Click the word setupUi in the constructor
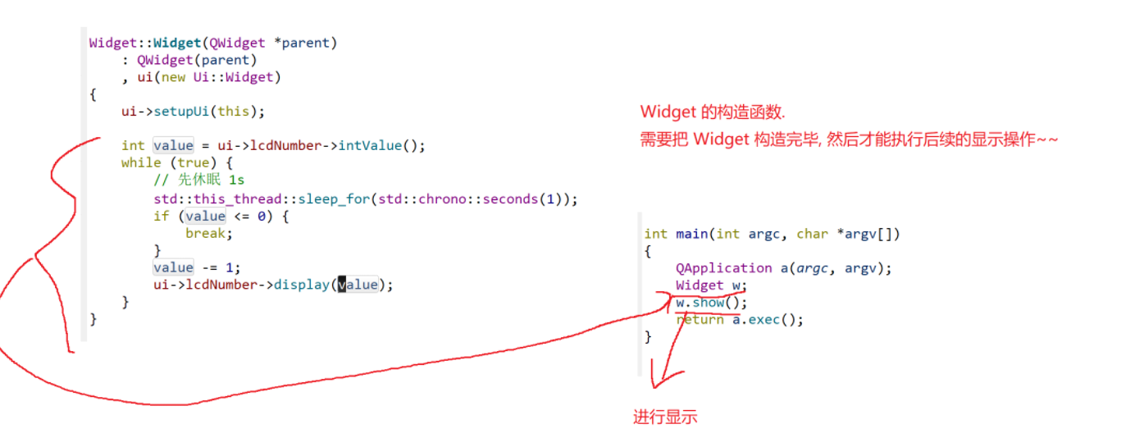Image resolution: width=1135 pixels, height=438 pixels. point(180,112)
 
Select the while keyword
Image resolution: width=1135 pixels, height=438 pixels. point(140,163)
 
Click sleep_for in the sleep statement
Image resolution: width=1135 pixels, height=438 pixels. point(323,198)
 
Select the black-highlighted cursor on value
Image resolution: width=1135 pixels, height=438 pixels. point(342,285)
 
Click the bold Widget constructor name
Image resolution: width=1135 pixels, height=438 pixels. point(177,43)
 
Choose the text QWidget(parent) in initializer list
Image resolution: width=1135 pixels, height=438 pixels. point(197,60)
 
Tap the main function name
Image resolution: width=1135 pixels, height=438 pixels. point(691,234)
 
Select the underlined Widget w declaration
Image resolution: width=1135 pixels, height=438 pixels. point(710,285)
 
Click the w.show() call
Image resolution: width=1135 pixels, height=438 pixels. point(700,303)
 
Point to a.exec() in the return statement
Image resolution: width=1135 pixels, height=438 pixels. point(768,320)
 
